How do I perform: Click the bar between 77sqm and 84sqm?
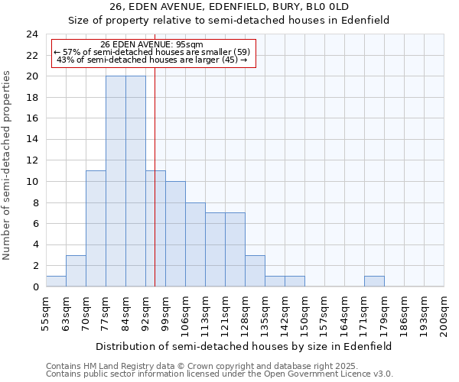click(116, 181)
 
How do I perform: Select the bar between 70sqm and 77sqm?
click(96, 228)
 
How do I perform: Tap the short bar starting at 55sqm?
click(56, 281)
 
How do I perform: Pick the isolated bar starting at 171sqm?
click(374, 281)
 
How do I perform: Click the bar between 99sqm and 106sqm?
click(175, 234)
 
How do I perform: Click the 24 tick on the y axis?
click(31, 34)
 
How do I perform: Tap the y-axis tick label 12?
click(31, 160)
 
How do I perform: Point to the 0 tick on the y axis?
click(34, 286)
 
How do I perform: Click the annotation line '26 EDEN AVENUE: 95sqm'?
click(151, 44)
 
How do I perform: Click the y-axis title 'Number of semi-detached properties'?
click(8, 165)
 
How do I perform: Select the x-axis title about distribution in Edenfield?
click(245, 346)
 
